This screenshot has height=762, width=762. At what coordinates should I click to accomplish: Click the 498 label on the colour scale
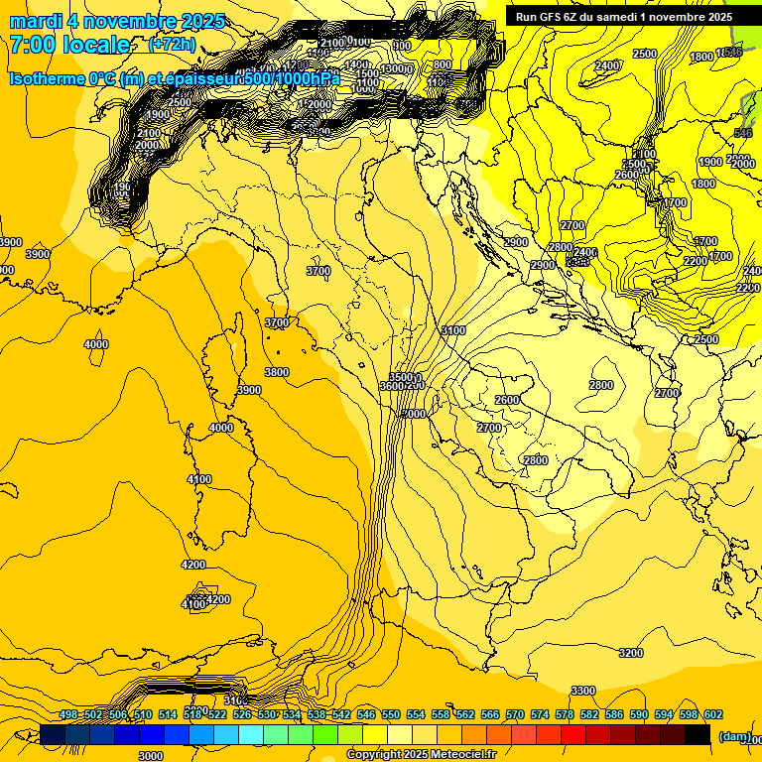coord(68,714)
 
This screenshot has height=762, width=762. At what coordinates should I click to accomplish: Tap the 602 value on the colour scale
coord(713,714)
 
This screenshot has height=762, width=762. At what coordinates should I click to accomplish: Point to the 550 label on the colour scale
coord(391,714)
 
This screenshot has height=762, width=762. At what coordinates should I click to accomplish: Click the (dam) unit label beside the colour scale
coord(734,736)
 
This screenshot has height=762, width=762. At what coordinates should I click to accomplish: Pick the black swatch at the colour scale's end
coord(698,734)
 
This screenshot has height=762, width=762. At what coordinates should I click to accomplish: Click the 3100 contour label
coord(453,330)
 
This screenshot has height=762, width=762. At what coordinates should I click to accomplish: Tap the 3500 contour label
coord(401,377)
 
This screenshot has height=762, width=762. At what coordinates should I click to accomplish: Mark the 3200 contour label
coord(630,653)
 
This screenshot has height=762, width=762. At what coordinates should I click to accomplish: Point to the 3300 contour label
coord(583,691)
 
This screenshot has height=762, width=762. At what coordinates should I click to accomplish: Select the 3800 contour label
coord(277,372)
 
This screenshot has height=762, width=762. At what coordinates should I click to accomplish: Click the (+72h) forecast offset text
coord(172,45)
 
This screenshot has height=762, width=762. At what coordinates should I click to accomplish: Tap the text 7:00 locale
coord(69,45)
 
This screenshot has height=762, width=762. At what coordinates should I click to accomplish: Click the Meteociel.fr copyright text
coord(462,755)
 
